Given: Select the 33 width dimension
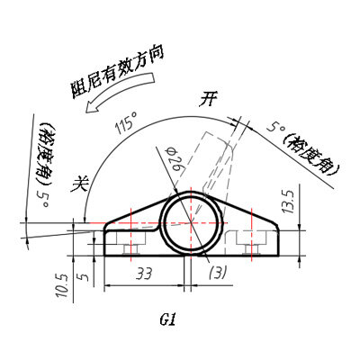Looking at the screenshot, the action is pos(144,274).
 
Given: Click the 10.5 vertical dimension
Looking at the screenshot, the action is pos(62,287).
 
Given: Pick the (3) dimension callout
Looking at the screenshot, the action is pos(217,273).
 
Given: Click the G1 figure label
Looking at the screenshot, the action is pos(167,319).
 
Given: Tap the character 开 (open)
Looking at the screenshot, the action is pos(208,99).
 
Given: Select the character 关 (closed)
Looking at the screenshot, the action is pos(80,184).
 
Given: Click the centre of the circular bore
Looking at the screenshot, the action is pos(192,223).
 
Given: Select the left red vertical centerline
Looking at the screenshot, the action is pos(131,234).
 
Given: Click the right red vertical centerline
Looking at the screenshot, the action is pos(251,234).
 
